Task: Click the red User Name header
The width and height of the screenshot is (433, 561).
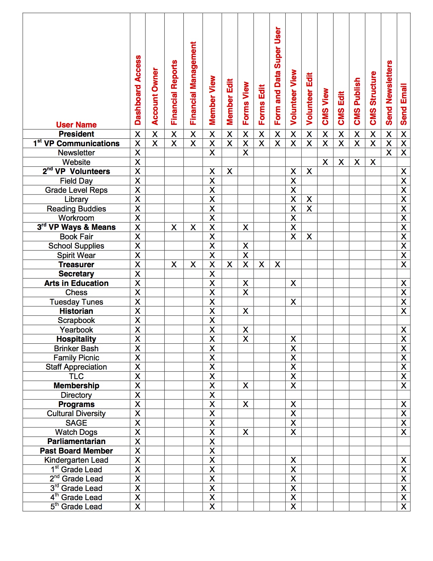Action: pos(76,125)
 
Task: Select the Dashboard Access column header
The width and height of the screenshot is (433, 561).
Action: pos(138,90)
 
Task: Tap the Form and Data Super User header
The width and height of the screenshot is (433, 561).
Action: pos(277,76)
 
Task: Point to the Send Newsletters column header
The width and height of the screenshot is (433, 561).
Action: pos(389,92)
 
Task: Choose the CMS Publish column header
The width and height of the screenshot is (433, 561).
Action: pos(357,101)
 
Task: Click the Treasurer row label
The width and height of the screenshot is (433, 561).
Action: pos(76,265)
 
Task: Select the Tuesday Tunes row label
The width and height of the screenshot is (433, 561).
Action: pos(76,302)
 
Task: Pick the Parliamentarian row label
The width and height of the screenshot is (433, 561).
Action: pos(76,441)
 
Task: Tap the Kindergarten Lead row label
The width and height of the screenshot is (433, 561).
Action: pos(76,460)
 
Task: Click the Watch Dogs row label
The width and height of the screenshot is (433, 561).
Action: pos(76,432)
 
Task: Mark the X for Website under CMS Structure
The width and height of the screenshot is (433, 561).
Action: pos(373,162)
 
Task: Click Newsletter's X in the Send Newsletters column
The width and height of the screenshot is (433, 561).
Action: pos(389,153)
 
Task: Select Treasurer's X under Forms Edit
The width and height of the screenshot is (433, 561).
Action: pos(261,265)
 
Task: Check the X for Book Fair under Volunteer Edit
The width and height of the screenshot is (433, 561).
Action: pos(309,237)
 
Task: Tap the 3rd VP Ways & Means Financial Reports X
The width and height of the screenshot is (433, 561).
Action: pos(174,227)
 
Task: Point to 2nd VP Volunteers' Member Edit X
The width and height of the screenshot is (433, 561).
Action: pos(230,171)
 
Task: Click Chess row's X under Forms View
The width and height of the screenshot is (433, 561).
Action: pos(246,292)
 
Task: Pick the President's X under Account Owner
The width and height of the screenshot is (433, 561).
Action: pos(155,134)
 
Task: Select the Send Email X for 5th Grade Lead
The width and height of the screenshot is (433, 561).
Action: pos(403,507)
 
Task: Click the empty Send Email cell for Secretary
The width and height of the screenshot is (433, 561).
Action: pos(403,274)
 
